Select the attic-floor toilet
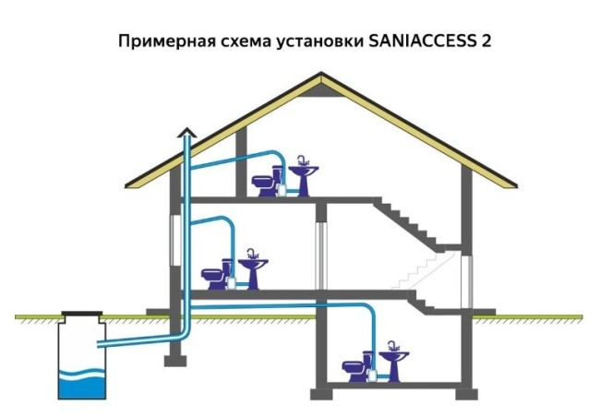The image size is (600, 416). pyautogui.click(x=265, y=182)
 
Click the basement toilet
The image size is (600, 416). pyautogui.click(x=354, y=368)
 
